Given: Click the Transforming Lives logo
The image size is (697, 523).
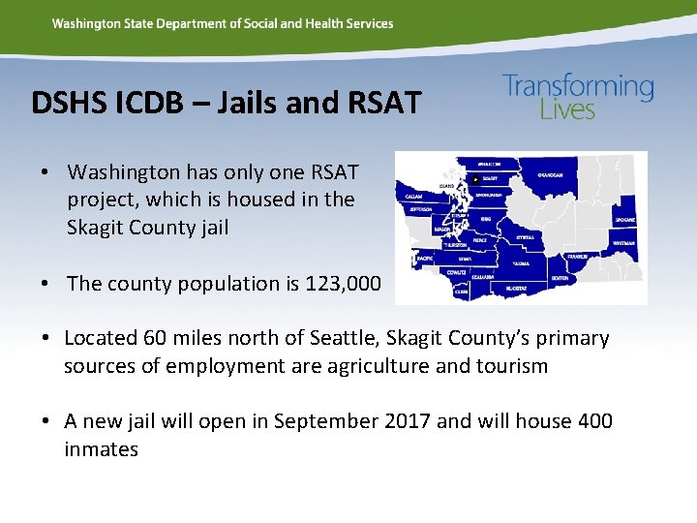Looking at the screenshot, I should pyautogui.click(x=578, y=97).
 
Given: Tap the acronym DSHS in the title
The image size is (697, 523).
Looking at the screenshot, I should pyautogui.click(x=64, y=102).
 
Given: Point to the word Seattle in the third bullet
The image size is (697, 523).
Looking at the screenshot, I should pyautogui.click(x=340, y=338).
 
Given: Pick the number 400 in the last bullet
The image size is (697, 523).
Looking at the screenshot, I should pyautogui.click(x=593, y=421).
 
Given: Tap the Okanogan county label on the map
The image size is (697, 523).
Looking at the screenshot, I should pyautogui.click(x=554, y=175).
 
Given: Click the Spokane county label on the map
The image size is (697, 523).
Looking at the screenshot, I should pyautogui.click(x=624, y=220).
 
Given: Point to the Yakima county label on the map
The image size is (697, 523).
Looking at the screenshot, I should pyautogui.click(x=521, y=262).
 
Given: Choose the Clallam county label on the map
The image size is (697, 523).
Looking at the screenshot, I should pyautogui.click(x=413, y=195).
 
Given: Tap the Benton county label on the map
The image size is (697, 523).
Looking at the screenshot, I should pyautogui.click(x=559, y=278).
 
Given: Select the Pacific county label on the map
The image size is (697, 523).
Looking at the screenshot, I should pyautogui.click(x=425, y=260).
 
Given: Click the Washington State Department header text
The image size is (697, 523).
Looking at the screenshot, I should pyautogui.click(x=223, y=23).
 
